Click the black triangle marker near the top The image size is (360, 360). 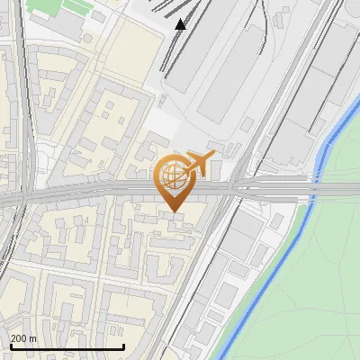[x=181, y=24]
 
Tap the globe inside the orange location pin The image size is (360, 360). [x=173, y=177]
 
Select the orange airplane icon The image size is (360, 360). [x=199, y=164]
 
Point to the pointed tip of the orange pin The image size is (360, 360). [x=174, y=211]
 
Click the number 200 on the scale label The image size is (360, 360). [x=19, y=338]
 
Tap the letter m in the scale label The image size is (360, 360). [x=34, y=338]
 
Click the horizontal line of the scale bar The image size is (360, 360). [x=67, y=347]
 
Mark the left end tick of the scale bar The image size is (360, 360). [x=10, y=346]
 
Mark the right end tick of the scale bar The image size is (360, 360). [x=123, y=346]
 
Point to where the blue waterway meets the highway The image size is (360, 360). [x=314, y=191]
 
